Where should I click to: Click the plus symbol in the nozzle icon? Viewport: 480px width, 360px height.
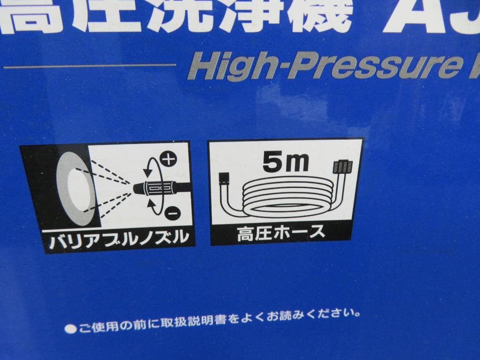point(168,159)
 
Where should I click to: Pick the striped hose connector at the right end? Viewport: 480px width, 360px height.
point(343,168)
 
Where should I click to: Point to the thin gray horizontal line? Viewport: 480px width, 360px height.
point(89,66)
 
